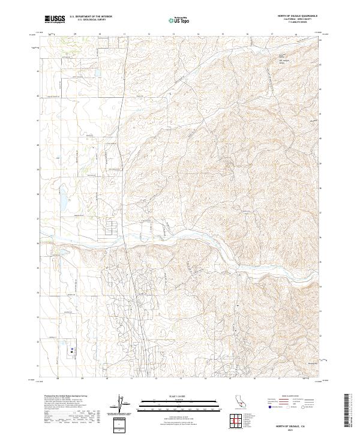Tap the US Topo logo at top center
coord(180,20)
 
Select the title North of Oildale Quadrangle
coord(298,16)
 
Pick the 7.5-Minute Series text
coord(298,23)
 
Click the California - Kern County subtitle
coord(298,20)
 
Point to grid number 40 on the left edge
coord(38,145)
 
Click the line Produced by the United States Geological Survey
coord(63,397)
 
